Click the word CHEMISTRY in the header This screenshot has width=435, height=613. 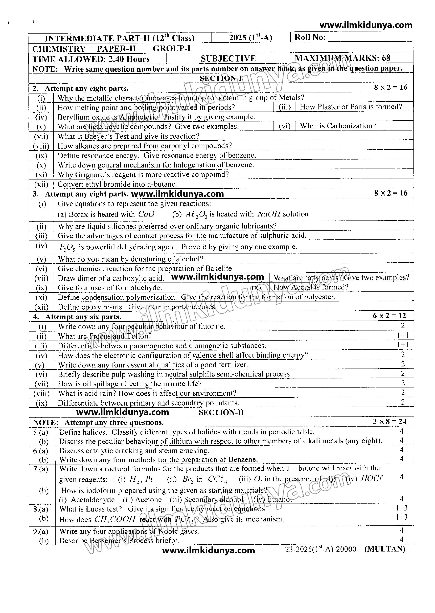(x=59, y=49)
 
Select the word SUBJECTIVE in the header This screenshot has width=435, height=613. (x=228, y=58)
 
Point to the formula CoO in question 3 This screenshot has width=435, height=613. (x=146, y=214)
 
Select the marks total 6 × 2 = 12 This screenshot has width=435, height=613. (x=390, y=316)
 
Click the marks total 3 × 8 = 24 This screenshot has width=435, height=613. (x=390, y=422)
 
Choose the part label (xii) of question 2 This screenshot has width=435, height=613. (x=41, y=184)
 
